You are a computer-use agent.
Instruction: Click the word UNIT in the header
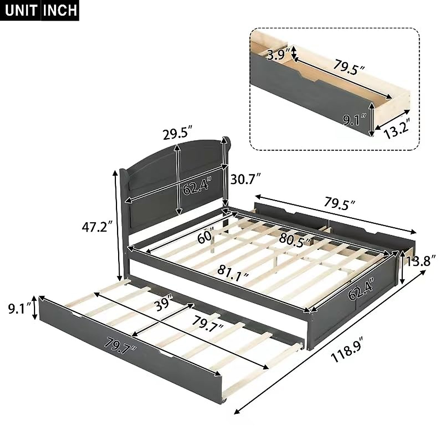point(21,10)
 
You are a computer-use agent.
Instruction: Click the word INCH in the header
point(60,10)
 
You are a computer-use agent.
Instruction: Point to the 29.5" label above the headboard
point(178,133)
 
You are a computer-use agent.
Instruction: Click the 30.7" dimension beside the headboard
point(246,180)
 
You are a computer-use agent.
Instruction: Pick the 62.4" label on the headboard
point(198,186)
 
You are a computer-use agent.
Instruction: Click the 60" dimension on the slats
point(206,236)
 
